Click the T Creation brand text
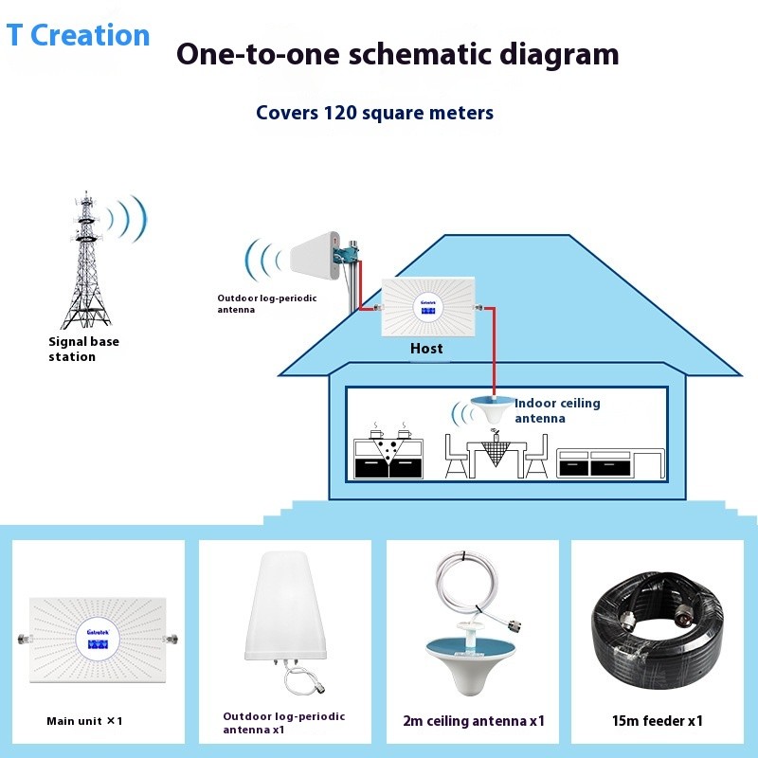[79, 35]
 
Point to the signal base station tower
[86, 261]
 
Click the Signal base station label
[83, 349]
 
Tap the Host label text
[426, 349]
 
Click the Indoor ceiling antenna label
[557, 410]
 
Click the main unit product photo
[99, 640]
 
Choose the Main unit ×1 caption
[85, 721]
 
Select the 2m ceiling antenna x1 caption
[475, 722]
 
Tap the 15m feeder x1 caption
[658, 721]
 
